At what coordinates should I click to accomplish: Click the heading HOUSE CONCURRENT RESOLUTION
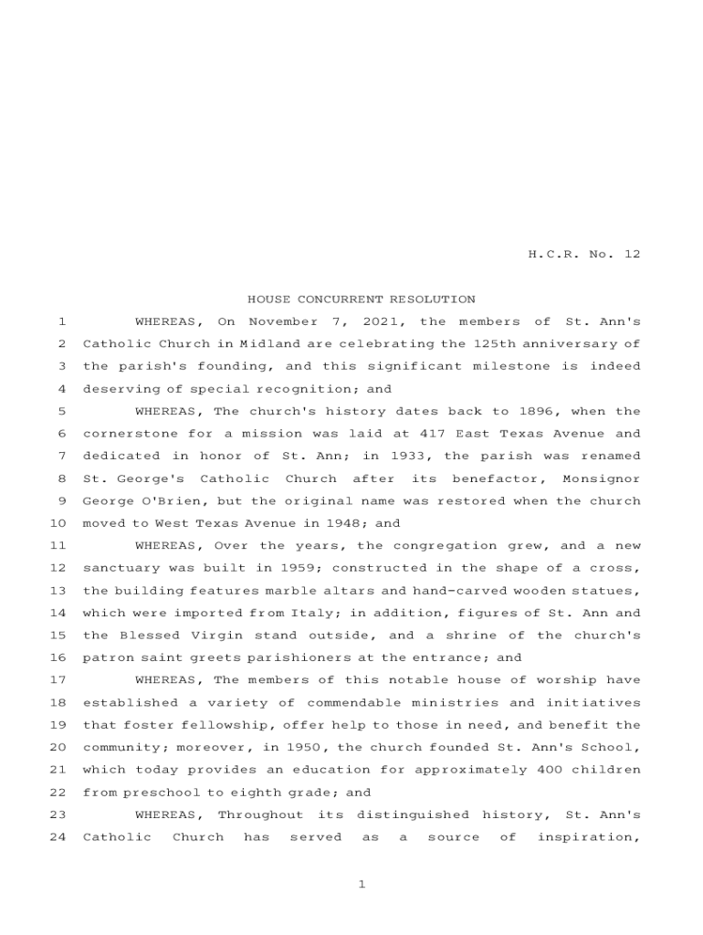pos(362,299)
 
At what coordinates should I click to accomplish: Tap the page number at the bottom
pos(362,885)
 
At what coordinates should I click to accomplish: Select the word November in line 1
pos(283,321)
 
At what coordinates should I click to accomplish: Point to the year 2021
pos(384,321)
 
